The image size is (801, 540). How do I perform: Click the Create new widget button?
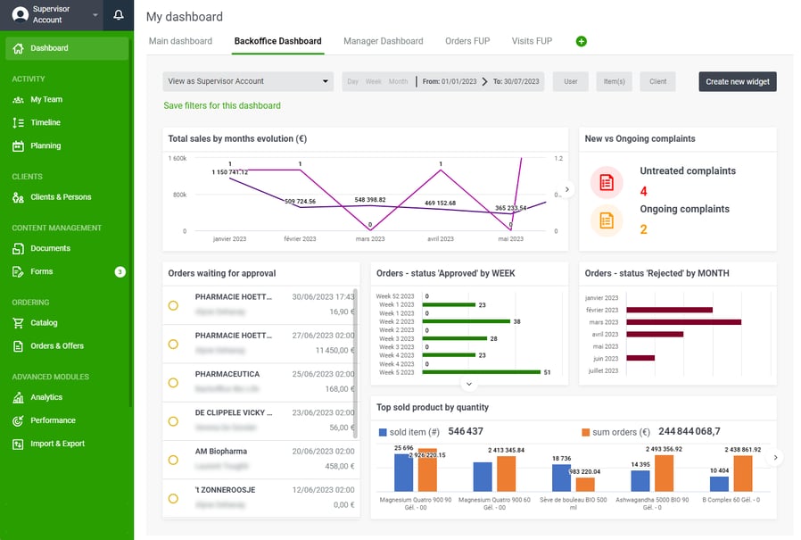tap(737, 81)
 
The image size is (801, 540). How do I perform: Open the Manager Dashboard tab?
tap(383, 41)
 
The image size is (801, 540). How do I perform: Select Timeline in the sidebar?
tap(46, 122)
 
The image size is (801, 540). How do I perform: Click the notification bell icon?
tap(119, 15)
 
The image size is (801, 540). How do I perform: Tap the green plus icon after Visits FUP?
tap(582, 42)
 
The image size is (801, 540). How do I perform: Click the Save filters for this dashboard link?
tap(221, 105)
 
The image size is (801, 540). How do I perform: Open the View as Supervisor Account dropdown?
tap(247, 81)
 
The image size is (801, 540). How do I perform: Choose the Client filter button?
tap(657, 81)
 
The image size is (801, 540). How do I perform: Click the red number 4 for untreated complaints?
tap(644, 191)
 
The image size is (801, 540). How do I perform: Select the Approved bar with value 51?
tap(485, 371)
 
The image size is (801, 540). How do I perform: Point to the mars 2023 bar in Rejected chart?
tap(683, 322)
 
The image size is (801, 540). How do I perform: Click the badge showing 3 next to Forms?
tap(120, 271)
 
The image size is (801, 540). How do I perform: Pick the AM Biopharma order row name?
tap(221, 452)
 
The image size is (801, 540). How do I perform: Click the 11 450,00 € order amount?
tap(334, 351)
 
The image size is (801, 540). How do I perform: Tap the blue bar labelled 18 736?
tap(562, 477)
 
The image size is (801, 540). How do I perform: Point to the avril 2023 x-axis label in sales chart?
tap(440, 239)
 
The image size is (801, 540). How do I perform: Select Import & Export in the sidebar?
tap(57, 444)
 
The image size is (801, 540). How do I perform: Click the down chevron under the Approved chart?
tap(469, 384)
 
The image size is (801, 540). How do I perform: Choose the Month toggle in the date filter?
tap(398, 81)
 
